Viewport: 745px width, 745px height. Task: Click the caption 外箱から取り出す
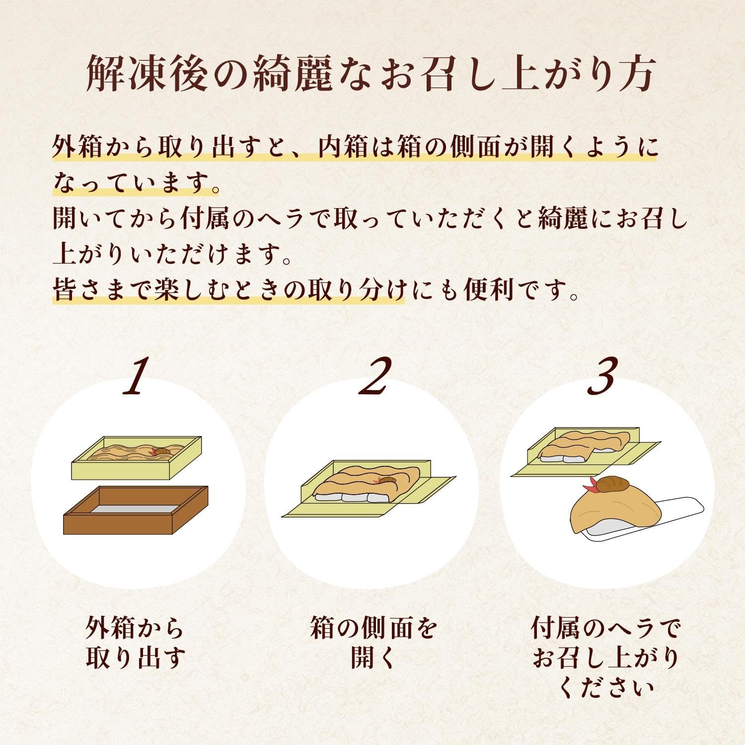135,643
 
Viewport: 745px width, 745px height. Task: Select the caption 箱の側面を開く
372,643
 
